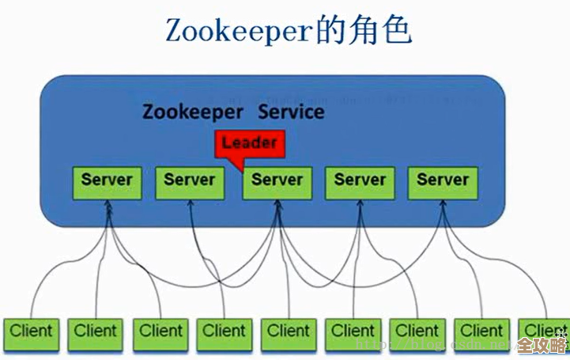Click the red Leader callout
(x=249, y=143)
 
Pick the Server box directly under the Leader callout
(x=277, y=181)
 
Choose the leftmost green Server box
(x=107, y=181)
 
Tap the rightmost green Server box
(x=443, y=181)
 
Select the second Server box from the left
(x=190, y=181)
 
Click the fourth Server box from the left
(x=360, y=181)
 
